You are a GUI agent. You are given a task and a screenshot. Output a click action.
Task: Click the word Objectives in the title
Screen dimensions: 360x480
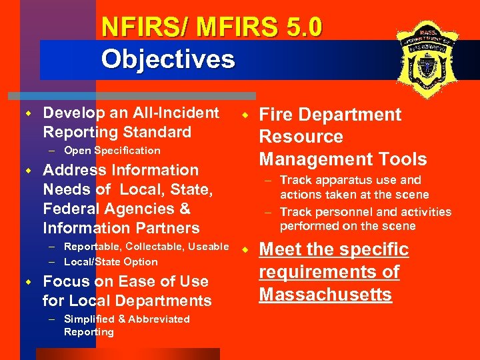(168, 59)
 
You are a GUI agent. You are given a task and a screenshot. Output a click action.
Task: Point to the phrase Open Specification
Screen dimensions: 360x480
(112, 151)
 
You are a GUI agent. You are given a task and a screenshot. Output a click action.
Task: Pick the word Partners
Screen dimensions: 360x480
(168, 228)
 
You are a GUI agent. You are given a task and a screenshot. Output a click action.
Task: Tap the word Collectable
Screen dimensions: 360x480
(155, 247)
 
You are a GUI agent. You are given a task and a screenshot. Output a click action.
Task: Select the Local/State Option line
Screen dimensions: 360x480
(111, 262)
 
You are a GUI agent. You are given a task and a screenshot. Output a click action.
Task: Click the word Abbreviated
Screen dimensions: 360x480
(160, 319)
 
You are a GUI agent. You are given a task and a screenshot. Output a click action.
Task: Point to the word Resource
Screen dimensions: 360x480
(301, 137)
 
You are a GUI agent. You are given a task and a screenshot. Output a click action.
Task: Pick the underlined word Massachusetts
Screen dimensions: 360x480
(325, 295)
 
